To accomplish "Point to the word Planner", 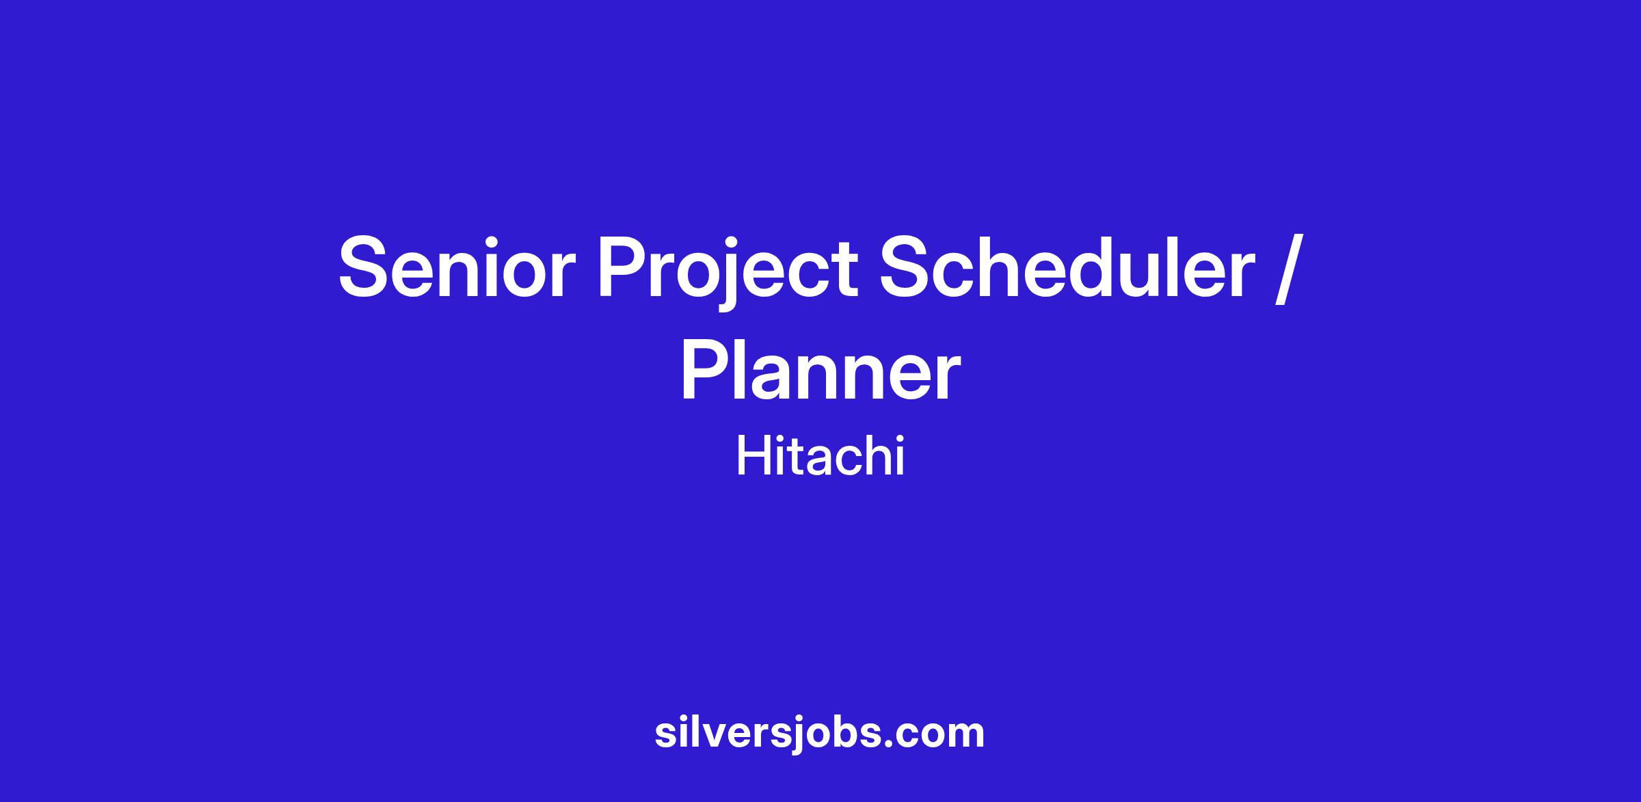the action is (820, 369).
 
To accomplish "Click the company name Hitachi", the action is (820, 456).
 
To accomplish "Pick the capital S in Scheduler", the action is (909, 267).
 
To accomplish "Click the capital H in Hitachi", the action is (753, 456).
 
